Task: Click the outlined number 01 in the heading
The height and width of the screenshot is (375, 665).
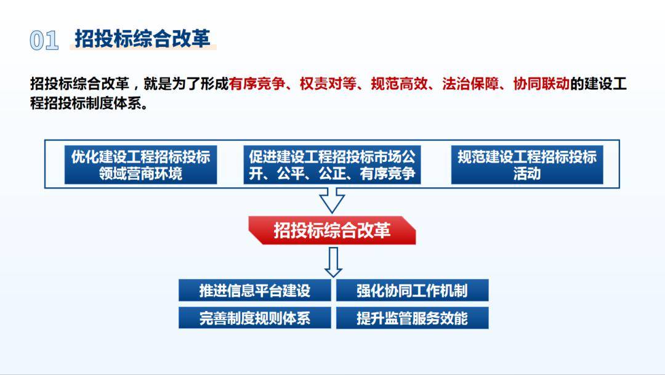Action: pos(44,40)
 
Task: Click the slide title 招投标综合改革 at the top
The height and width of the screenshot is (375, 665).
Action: pos(142,38)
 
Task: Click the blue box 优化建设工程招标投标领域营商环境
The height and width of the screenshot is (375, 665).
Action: pos(140,165)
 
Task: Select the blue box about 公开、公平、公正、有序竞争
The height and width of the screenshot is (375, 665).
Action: pos(332,165)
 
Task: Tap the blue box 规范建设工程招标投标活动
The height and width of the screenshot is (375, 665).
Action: pos(526,165)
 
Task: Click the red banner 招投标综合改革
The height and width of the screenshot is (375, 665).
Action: pos(332,230)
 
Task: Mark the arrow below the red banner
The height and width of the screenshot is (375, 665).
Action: pos(333,262)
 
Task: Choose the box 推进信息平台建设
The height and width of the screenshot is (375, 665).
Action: pos(255,291)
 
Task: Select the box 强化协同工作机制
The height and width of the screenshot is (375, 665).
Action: pos(412,291)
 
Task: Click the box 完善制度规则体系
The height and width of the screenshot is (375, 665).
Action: pos(255,318)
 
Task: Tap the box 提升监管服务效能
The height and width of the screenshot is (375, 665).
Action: pos(412,318)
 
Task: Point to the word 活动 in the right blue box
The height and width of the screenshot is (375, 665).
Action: pos(526,174)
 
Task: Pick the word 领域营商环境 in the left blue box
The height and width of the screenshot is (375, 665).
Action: pos(140,174)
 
